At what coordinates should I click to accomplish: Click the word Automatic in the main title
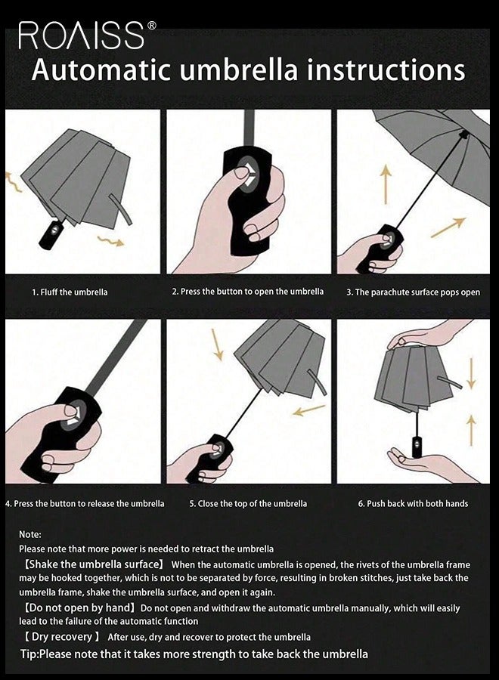101,70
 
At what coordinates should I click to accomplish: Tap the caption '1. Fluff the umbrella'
70,292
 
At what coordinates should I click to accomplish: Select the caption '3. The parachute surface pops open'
413,292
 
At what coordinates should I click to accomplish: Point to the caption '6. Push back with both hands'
413,503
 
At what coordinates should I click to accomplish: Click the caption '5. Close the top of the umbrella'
248,503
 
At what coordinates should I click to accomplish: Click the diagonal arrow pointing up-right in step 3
448,227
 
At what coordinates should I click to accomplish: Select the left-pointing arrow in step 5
308,410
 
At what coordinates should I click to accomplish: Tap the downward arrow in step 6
471,373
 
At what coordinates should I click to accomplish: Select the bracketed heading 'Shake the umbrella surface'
94,564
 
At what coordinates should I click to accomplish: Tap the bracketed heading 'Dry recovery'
60,637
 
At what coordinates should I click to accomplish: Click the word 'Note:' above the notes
30,534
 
